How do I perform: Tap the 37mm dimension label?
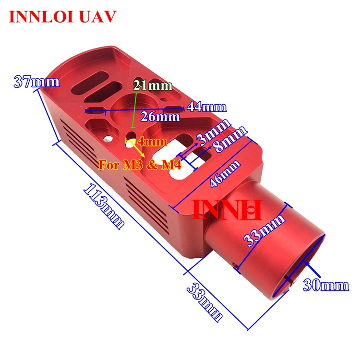(x=36, y=82)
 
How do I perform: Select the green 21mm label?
(x=153, y=86)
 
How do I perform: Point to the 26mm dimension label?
(x=160, y=117)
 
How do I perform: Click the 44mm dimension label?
(x=206, y=107)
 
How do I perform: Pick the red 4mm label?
(x=152, y=142)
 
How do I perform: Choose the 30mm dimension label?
(x=326, y=286)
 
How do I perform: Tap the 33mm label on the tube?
(x=263, y=230)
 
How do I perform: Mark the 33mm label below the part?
(x=204, y=302)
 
